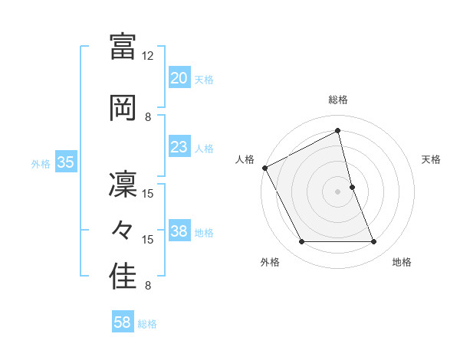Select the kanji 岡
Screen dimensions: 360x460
click(123, 106)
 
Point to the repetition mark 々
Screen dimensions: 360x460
click(123, 230)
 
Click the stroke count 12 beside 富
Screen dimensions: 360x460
click(148, 56)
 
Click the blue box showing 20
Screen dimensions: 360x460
click(179, 78)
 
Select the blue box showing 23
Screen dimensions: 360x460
click(179, 147)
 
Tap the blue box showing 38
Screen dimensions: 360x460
click(179, 231)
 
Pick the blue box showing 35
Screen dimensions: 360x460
click(65, 162)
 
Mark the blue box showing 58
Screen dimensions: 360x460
click(122, 322)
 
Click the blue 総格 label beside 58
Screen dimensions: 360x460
click(147, 324)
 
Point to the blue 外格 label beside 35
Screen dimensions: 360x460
click(41, 163)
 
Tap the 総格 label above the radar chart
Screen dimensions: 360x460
click(337, 100)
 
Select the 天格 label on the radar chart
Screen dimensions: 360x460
click(432, 159)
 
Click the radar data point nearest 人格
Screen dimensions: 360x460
click(264, 168)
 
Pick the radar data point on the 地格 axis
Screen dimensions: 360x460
click(374, 242)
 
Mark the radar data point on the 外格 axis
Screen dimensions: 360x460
click(301, 242)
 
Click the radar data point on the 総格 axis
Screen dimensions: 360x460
click(337, 131)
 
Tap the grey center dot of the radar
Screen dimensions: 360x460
click(337, 191)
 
